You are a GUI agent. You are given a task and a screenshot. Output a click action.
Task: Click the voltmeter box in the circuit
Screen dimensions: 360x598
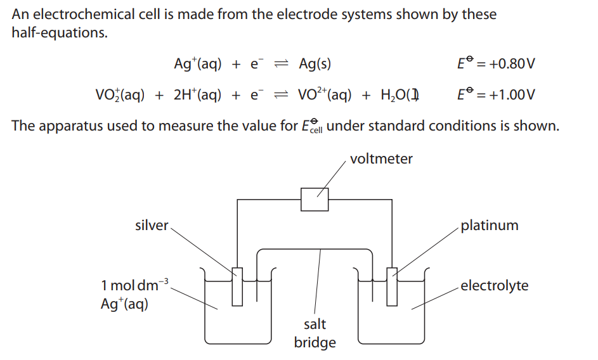pos(315,199)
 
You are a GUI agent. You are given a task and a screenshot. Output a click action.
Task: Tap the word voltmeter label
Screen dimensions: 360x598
pos(380,159)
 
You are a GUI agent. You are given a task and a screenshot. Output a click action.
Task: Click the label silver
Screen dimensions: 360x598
pos(152,225)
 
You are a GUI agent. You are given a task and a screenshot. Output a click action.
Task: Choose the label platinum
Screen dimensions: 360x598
pos(489,225)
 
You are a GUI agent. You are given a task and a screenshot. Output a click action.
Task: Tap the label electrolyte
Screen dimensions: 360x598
pos(494,285)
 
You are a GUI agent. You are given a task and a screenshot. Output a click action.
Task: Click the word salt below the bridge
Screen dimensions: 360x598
pos(315,324)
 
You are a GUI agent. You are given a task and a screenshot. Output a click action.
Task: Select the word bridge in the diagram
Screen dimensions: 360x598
pos(315,343)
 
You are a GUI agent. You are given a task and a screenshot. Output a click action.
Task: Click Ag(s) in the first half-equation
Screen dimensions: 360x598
pos(315,63)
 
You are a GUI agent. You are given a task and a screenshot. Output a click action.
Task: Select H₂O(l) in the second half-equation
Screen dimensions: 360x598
pos(398,95)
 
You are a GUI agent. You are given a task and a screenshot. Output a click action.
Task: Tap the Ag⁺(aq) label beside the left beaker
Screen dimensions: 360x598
pos(124,304)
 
